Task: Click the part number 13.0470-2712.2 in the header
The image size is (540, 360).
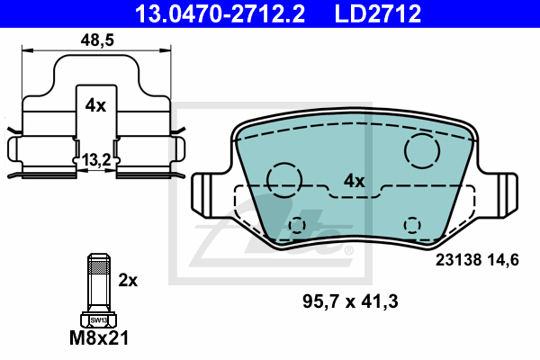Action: (x=220, y=13)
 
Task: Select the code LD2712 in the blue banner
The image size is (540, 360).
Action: (x=378, y=13)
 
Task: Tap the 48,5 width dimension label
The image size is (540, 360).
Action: (x=97, y=40)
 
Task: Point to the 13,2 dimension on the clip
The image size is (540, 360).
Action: (x=96, y=160)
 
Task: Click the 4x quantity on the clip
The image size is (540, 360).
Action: (x=95, y=105)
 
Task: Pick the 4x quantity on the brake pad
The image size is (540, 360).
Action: (x=354, y=181)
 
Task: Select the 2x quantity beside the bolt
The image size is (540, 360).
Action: (x=128, y=281)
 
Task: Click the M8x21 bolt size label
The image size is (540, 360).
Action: (x=99, y=337)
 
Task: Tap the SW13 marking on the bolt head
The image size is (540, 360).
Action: (x=98, y=320)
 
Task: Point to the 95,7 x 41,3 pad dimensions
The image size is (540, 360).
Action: (x=350, y=301)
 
